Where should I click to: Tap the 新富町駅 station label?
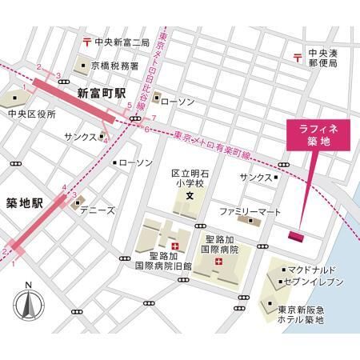[x=102, y=94]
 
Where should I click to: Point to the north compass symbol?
[x=27, y=302]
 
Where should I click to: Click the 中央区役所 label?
[x=32, y=114]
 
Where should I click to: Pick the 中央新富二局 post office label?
[x=122, y=42]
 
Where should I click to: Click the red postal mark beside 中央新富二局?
[x=86, y=42]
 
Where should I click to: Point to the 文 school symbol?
[x=190, y=196]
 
